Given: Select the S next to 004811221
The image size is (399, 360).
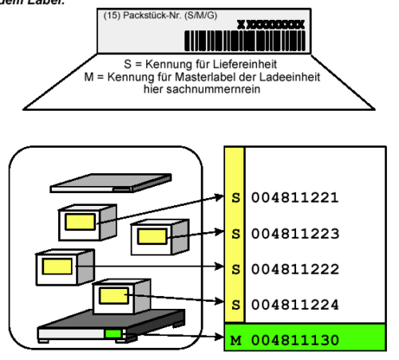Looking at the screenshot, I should (x=233, y=196).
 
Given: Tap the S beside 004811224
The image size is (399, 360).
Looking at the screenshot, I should (x=233, y=304).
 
